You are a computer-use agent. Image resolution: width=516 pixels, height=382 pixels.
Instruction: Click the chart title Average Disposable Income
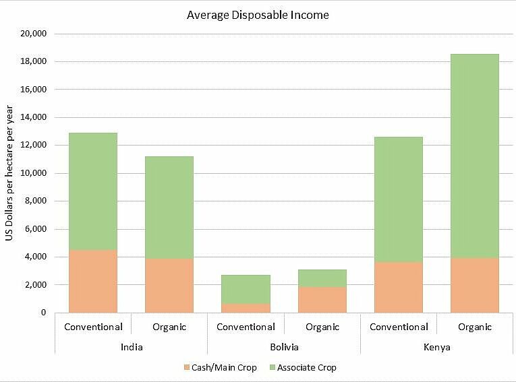point(258,14)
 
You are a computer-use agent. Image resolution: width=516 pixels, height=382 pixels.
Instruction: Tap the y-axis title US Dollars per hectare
point(10,172)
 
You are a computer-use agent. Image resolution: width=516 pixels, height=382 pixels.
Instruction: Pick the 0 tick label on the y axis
point(42,313)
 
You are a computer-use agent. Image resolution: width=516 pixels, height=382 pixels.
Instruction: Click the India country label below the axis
point(131,348)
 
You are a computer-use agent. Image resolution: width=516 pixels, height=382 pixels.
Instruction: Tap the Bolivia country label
point(284,348)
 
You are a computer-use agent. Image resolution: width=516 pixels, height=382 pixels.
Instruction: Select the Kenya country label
point(437,348)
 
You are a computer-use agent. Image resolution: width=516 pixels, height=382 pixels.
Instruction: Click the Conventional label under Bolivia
point(246,327)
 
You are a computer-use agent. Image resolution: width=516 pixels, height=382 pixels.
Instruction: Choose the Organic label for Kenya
point(475,327)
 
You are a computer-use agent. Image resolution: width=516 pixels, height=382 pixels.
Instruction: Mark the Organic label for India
point(169,327)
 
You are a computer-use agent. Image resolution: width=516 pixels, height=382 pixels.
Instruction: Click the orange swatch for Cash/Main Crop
point(187,368)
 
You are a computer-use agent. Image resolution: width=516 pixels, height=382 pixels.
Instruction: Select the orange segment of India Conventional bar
point(93,281)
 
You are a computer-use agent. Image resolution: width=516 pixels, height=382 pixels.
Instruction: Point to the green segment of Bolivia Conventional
point(246,289)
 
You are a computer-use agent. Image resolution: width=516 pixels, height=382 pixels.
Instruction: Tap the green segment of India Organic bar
point(169,208)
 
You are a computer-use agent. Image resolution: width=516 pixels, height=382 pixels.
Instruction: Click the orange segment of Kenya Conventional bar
point(399,287)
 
